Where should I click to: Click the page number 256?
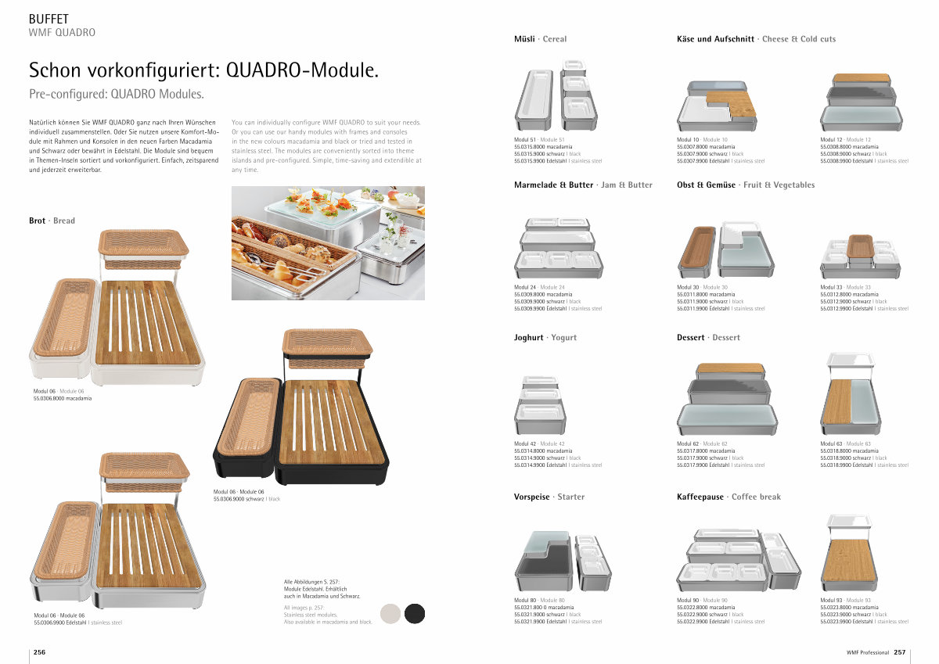[x=38, y=652]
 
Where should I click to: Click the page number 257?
[x=899, y=652]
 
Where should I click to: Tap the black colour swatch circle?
[x=415, y=614]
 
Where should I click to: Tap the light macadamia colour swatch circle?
[x=390, y=614]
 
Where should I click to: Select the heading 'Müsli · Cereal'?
[x=540, y=39]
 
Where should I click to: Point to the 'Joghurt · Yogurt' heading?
[x=545, y=338]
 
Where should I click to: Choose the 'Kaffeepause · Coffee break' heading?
[x=729, y=497]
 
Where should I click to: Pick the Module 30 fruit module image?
[x=724, y=250]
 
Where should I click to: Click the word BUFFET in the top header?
[x=49, y=19]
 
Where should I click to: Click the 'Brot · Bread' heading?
[x=52, y=221]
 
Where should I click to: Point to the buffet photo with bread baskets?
[x=328, y=242]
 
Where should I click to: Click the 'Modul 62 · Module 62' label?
[x=701, y=444]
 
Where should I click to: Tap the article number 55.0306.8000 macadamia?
[x=62, y=398]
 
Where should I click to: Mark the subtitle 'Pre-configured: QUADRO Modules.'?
[x=116, y=95]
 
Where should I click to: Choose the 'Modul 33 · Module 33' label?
[x=845, y=287]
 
